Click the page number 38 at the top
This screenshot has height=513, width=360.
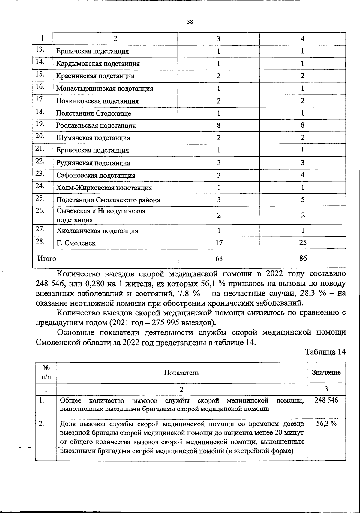pyautogui.click(x=190, y=22)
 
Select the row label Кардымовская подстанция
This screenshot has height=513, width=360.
pyautogui.click(x=98, y=64)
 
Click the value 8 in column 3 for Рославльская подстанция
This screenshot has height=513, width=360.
pyautogui.click(x=219, y=125)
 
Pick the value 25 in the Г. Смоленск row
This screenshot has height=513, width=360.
pyautogui.click(x=303, y=243)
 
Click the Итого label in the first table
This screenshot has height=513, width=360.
pyautogui.click(x=46, y=258)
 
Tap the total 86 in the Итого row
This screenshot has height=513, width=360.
pyautogui.click(x=303, y=258)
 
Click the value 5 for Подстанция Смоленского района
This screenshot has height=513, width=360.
pyautogui.click(x=303, y=200)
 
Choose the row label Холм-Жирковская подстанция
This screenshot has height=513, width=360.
pyautogui.click(x=104, y=188)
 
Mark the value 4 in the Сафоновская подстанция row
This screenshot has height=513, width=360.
pyautogui.click(x=303, y=175)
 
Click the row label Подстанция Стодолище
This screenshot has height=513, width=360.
pyautogui.click(x=94, y=113)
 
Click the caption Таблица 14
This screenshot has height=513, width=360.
pyautogui.click(x=325, y=352)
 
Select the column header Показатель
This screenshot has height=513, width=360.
pyautogui.click(x=181, y=373)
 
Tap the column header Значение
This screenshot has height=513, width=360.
pyautogui.click(x=326, y=373)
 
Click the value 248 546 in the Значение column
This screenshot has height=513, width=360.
pyautogui.click(x=326, y=400)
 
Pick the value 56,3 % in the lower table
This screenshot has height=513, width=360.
pyautogui.click(x=326, y=424)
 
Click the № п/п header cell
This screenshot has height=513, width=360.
pyautogui.click(x=46, y=373)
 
